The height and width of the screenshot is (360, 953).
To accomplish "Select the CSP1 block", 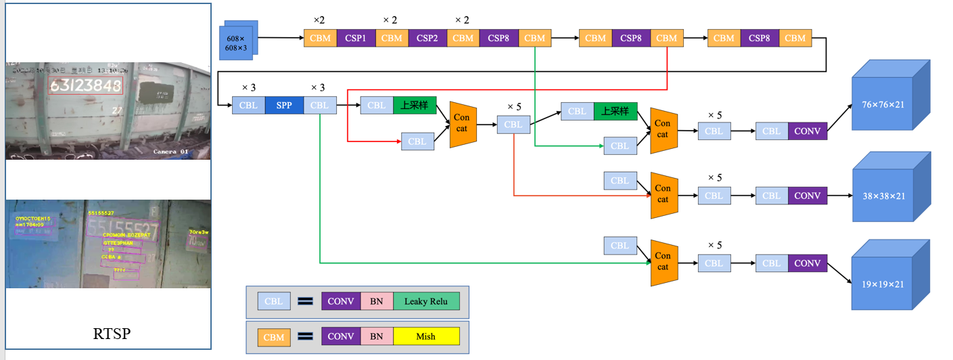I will point(356,39).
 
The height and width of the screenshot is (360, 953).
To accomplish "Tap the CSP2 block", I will point(427,39).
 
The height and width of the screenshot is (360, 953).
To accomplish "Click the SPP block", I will point(284,106).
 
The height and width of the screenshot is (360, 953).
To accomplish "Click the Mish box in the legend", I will point(426,336).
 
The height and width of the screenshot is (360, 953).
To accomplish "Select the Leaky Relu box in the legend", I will point(426,301).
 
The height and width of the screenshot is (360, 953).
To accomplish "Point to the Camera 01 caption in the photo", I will point(170,151).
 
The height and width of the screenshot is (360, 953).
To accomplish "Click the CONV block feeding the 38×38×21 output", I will point(807,196).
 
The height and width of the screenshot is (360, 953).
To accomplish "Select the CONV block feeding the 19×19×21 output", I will point(807,263).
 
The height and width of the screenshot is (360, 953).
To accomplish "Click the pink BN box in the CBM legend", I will point(376,336).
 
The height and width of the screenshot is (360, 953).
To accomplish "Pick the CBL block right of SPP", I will point(320,106).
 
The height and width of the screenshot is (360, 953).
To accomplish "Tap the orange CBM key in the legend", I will point(273,336).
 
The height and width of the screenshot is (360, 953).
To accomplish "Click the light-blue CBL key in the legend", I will point(273,301).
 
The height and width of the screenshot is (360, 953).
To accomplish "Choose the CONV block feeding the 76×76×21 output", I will point(807,131).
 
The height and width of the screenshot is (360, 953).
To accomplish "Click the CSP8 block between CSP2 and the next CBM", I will point(499,39).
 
